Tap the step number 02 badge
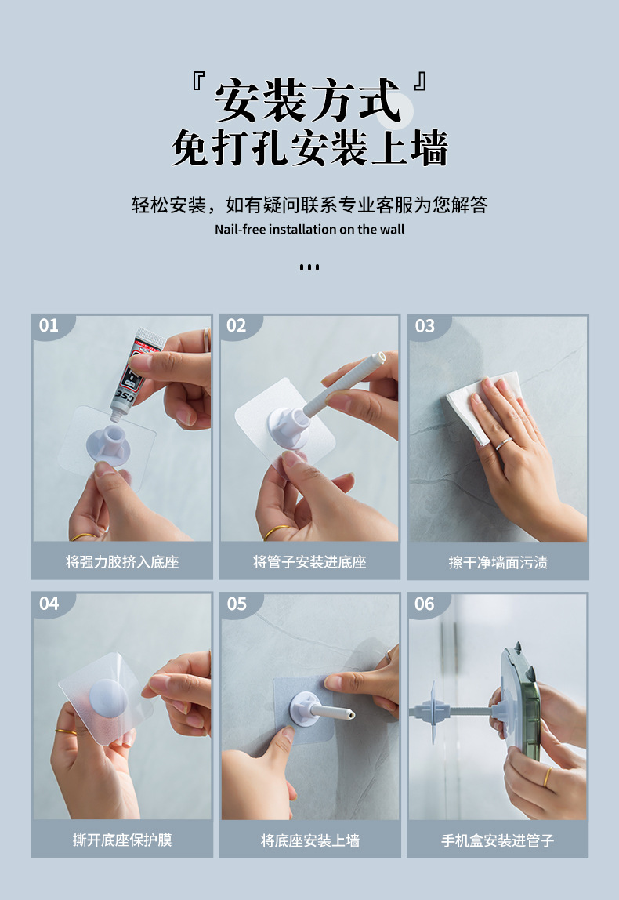click(237, 326)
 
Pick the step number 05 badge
click(237, 604)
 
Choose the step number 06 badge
click(425, 604)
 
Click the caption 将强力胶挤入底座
click(122, 561)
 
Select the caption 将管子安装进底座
click(309, 561)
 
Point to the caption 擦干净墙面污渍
click(498, 562)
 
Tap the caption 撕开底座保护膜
click(122, 840)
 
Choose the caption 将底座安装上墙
click(309, 840)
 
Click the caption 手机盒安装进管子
click(498, 840)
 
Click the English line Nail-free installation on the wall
click(309, 230)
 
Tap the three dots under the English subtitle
click(309, 267)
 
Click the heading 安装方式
click(308, 101)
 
